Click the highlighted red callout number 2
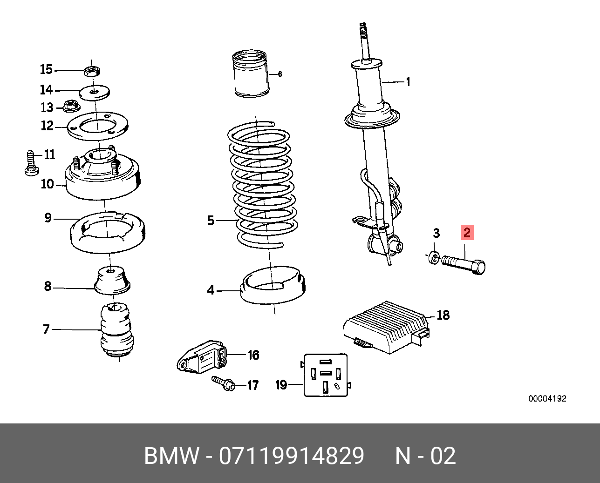click(x=467, y=232)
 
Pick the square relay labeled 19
click(x=326, y=375)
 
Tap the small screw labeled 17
click(x=224, y=383)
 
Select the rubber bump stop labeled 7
click(x=116, y=329)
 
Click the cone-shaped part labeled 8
click(x=112, y=280)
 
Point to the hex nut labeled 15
click(x=92, y=71)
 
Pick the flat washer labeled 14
click(x=95, y=92)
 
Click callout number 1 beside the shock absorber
click(x=408, y=82)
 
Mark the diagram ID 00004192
click(x=547, y=399)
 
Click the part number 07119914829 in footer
click(x=292, y=456)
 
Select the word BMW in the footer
click(x=171, y=456)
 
